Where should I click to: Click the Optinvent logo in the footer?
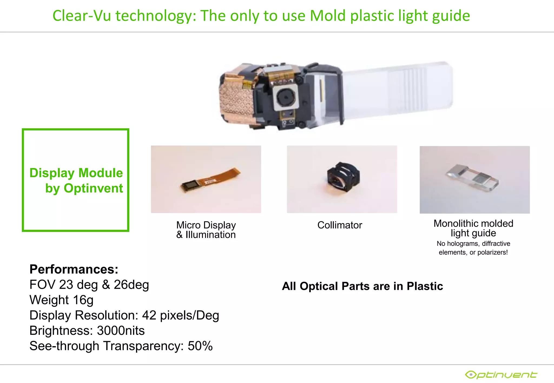coord(501,375)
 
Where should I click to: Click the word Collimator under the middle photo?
coord(339,225)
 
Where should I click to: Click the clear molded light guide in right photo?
coord(472,177)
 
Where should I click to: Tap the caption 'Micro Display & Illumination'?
coord(206,230)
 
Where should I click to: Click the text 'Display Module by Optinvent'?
coord(76,180)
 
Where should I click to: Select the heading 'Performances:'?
coord(74,269)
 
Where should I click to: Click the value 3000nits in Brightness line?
coord(121,330)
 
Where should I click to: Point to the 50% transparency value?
coord(200,346)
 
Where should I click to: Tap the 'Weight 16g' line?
coord(61,300)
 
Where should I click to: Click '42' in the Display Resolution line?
coord(149,315)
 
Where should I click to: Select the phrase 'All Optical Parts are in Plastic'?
coord(362,286)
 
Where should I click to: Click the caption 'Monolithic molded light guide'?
coord(473,228)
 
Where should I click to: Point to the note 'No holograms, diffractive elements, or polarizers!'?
coord(473,248)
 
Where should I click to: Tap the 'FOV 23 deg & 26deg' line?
coord(89,284)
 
